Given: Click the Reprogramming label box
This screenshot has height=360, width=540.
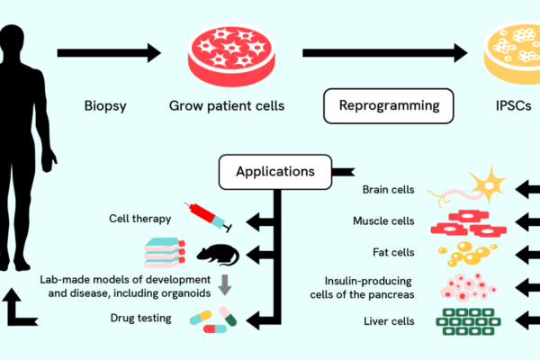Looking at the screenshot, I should [389, 106].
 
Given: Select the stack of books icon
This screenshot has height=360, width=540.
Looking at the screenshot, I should [164, 254].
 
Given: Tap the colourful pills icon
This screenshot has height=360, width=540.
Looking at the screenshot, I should [214, 318].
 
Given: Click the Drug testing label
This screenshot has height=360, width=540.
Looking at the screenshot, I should [141, 318].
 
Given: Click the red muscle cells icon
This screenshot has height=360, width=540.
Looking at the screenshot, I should [468, 221].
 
